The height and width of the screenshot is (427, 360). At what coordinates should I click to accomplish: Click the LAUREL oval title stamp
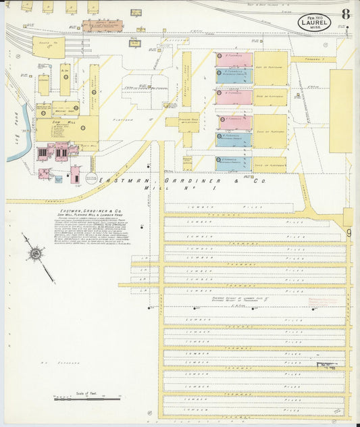315,24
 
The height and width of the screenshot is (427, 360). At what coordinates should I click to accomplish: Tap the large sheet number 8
345,14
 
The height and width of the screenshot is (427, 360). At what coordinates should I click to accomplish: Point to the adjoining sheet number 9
349,234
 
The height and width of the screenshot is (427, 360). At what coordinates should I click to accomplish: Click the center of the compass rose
34,254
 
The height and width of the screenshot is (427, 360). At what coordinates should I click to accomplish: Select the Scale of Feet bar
88,399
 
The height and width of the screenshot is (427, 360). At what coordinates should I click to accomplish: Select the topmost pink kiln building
234,59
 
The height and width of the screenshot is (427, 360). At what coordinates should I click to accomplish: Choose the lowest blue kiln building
234,163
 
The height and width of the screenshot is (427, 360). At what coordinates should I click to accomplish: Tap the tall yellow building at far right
340,111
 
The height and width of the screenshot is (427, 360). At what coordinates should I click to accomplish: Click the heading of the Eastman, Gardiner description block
81,211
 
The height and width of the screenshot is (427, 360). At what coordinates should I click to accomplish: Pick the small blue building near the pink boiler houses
57,180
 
